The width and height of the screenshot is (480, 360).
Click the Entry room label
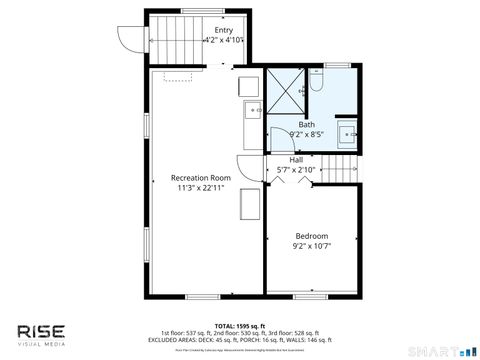[x=224, y=31]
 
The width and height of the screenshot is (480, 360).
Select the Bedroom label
[x=311, y=235]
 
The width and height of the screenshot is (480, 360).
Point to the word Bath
[x=306, y=124]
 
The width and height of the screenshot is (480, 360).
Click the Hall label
[x=296, y=160]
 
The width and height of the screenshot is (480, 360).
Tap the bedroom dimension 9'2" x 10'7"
[x=311, y=245]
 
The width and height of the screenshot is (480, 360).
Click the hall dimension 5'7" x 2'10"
[x=296, y=170]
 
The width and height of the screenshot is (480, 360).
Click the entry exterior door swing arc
[x=127, y=39]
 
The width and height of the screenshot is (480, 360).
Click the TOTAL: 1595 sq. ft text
[x=239, y=326]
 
